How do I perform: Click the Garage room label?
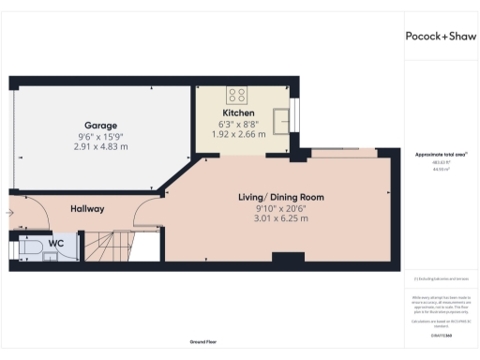(x=99, y=125)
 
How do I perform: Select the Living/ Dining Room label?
(x=280, y=197)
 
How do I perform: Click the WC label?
(x=56, y=243)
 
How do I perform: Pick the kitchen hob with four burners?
(x=237, y=94)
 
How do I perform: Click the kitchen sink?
(x=278, y=118)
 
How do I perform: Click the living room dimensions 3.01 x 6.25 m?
(x=280, y=218)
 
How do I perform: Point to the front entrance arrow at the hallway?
(x=9, y=214)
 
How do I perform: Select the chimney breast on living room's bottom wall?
(x=280, y=256)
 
